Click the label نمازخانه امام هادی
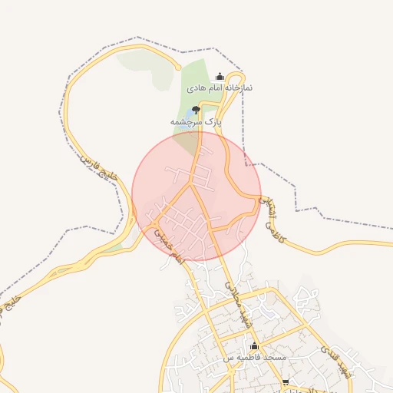point(220,88)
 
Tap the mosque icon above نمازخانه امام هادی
point(221,76)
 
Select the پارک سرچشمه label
point(196,121)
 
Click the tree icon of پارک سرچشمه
point(195,110)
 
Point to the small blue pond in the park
point(189,116)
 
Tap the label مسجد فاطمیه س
point(255,358)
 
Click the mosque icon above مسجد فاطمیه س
point(255,347)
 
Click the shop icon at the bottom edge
point(286,382)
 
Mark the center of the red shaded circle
point(196,196)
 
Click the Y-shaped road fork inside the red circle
point(190,185)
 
